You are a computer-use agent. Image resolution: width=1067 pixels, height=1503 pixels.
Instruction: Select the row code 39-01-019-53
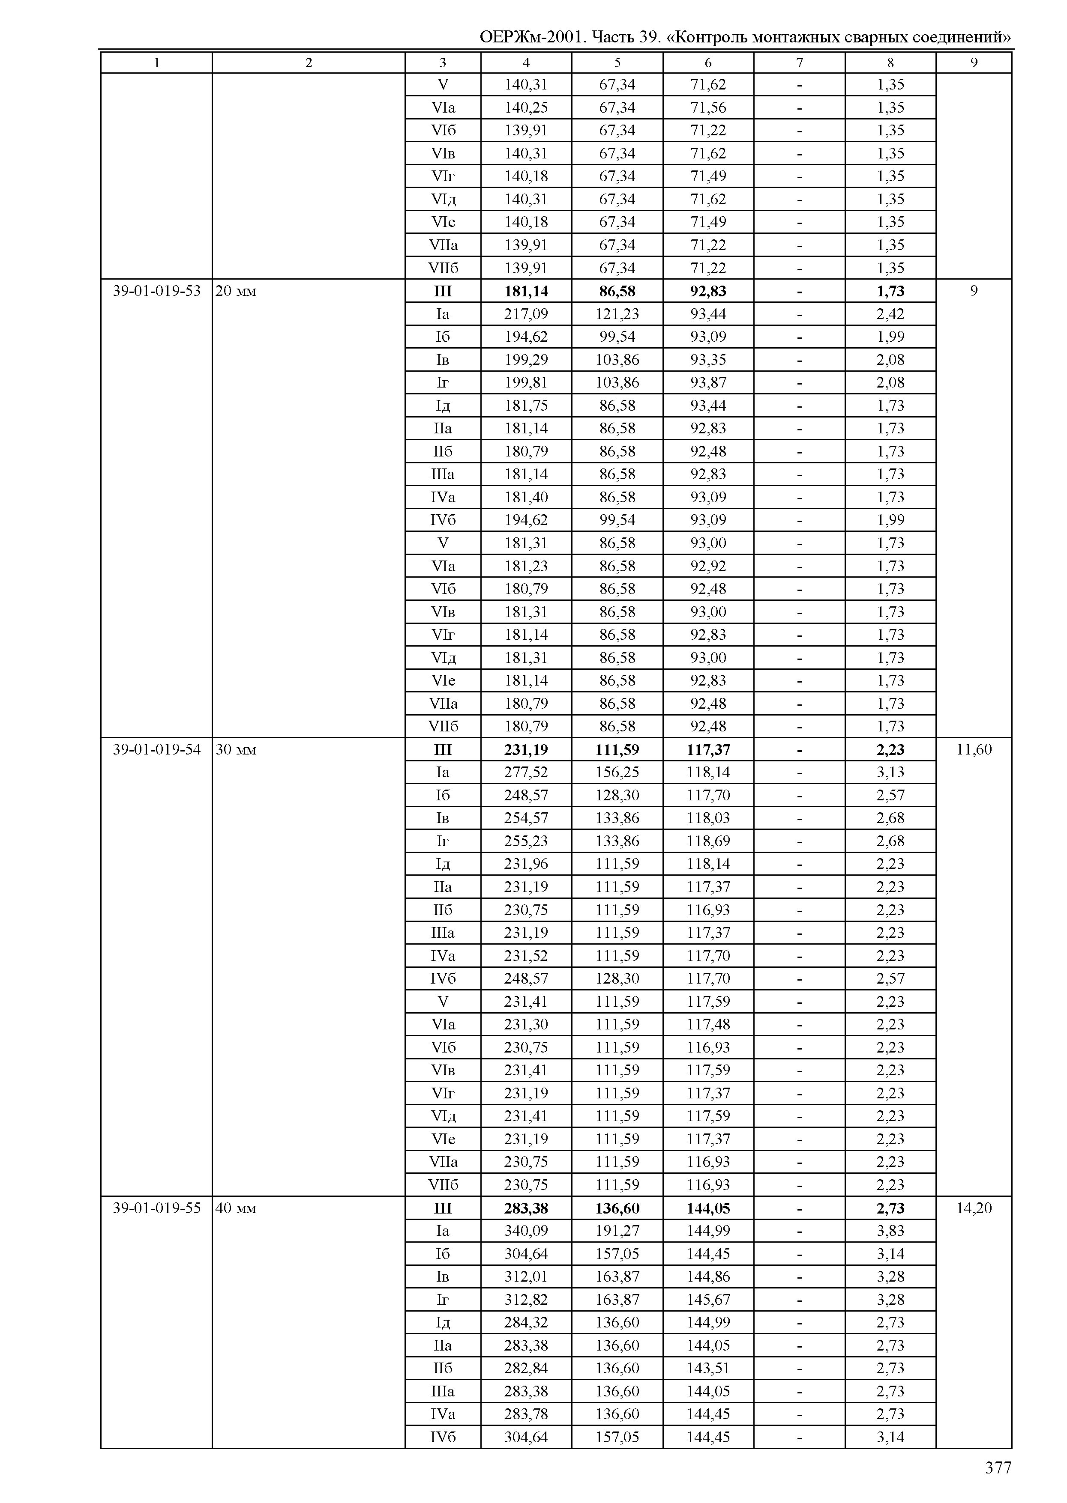click(156, 291)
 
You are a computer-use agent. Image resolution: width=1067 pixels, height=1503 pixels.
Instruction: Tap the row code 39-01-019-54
click(156, 749)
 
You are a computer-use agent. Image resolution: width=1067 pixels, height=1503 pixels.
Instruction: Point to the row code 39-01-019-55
click(156, 1208)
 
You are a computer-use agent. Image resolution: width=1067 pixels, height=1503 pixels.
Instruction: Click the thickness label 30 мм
click(236, 750)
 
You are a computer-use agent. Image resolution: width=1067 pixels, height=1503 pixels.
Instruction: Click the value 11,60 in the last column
click(974, 749)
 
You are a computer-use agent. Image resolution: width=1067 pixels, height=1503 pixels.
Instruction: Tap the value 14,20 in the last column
click(974, 1208)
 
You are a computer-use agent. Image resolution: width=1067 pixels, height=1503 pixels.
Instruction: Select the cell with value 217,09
click(526, 314)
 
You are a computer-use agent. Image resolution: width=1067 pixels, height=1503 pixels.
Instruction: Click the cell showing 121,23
click(617, 314)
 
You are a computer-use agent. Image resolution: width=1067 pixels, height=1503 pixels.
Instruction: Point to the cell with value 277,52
click(526, 772)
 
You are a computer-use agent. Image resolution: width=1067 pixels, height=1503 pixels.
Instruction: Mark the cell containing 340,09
click(526, 1231)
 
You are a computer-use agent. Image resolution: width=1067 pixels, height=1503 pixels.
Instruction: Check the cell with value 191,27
click(617, 1231)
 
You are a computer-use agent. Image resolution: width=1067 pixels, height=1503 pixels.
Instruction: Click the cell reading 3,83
click(890, 1231)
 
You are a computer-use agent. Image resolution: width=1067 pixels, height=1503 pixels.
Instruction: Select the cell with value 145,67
click(708, 1300)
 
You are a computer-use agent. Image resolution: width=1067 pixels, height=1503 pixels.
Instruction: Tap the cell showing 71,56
click(708, 107)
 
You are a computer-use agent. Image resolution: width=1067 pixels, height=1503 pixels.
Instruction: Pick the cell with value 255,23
click(526, 841)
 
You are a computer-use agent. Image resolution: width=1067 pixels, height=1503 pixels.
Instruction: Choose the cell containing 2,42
click(890, 314)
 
